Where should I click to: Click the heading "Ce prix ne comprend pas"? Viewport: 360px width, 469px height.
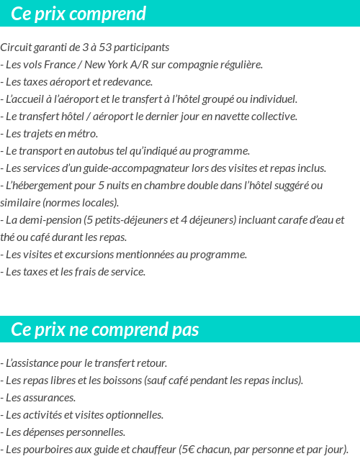click(x=105, y=329)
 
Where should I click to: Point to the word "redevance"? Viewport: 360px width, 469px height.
click(x=129, y=82)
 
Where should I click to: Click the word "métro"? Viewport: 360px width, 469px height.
click(x=83, y=134)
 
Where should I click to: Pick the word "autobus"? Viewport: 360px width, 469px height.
click(x=108, y=151)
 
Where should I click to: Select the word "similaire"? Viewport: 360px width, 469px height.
click(x=20, y=203)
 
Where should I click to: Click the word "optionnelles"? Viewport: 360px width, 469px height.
click(x=134, y=415)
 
